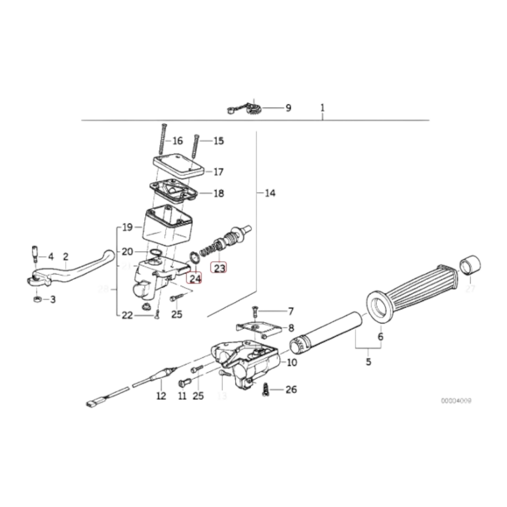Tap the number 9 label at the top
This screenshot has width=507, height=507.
click(x=288, y=108)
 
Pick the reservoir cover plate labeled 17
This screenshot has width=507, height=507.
click(x=179, y=166)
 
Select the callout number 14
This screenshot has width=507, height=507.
click(x=270, y=193)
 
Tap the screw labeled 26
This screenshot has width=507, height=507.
click(x=266, y=389)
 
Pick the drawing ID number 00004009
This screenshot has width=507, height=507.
click(x=456, y=401)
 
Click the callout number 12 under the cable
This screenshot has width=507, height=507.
click(x=161, y=396)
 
